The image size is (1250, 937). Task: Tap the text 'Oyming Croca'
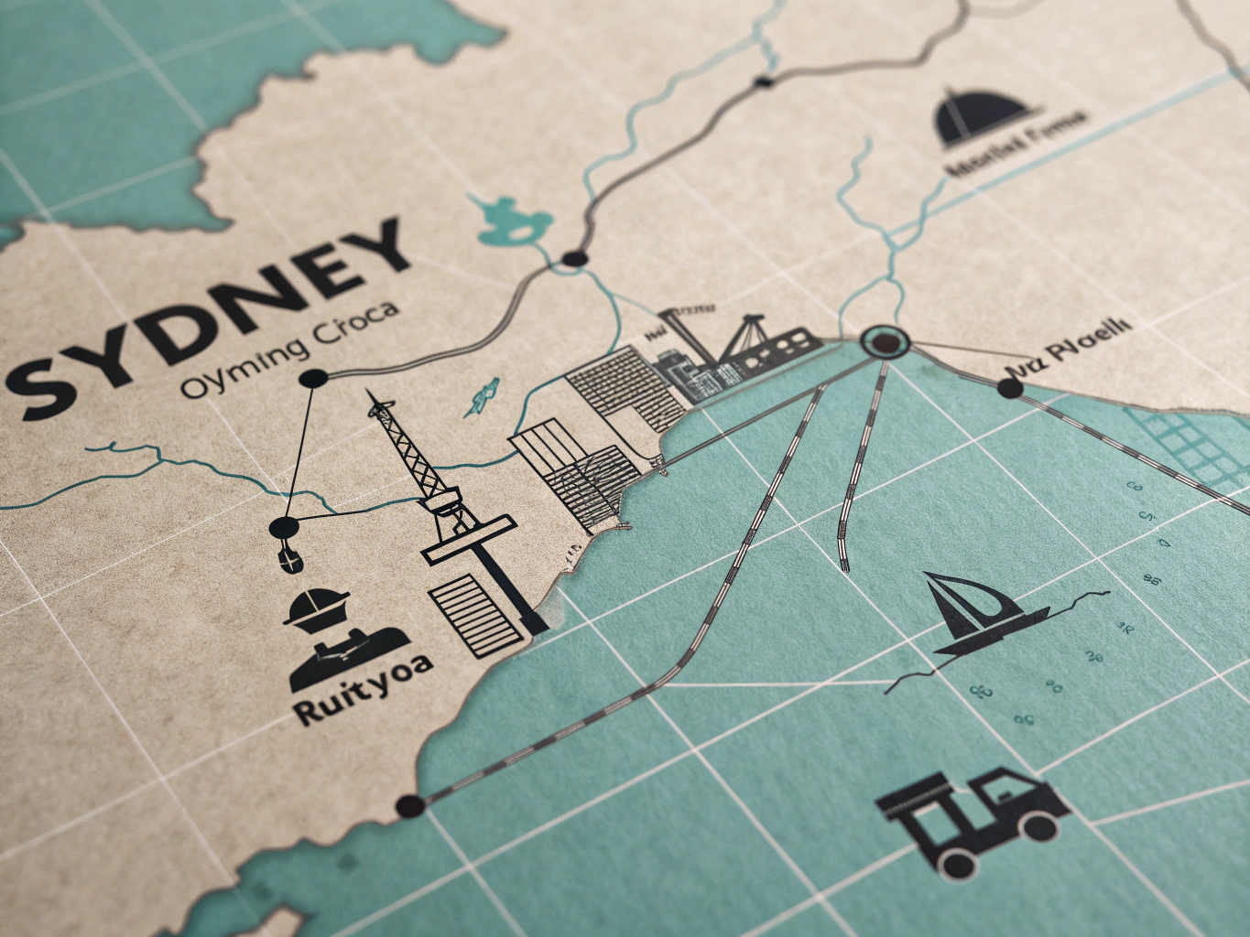pyautogui.click(x=290, y=355)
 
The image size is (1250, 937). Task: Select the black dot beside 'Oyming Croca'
pyautogui.click(x=313, y=378)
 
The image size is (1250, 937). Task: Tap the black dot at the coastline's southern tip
pyautogui.click(x=408, y=806)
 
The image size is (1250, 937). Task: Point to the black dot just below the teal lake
pyautogui.click(x=573, y=259)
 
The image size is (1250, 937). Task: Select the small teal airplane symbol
pyautogui.click(x=482, y=395)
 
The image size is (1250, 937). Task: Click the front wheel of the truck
pyautogui.click(x=956, y=861)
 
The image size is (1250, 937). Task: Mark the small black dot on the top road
pyautogui.click(x=763, y=82)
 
